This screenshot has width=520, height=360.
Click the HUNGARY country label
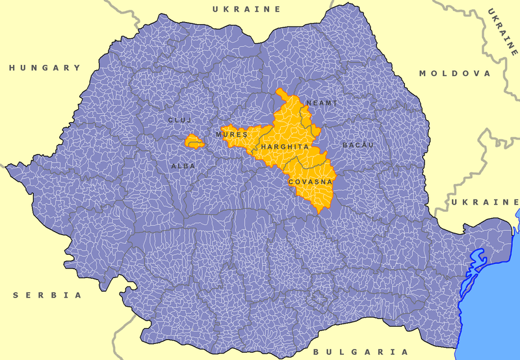click(x=45, y=68)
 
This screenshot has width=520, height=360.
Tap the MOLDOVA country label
click(x=454, y=73)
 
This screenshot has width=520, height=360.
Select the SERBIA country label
click(x=47, y=295)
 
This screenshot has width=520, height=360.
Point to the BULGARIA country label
click(x=361, y=351)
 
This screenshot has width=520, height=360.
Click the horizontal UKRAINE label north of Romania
click(x=246, y=9)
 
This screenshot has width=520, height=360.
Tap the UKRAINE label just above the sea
click(x=484, y=203)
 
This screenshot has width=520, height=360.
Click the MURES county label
click(x=231, y=134)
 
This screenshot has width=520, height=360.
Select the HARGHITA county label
click(x=285, y=148)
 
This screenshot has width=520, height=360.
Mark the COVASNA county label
click(x=311, y=182)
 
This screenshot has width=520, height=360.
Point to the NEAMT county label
click(x=322, y=103)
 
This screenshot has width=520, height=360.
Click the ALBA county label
click(x=183, y=166)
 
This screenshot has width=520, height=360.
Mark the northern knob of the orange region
click(x=282, y=94)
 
